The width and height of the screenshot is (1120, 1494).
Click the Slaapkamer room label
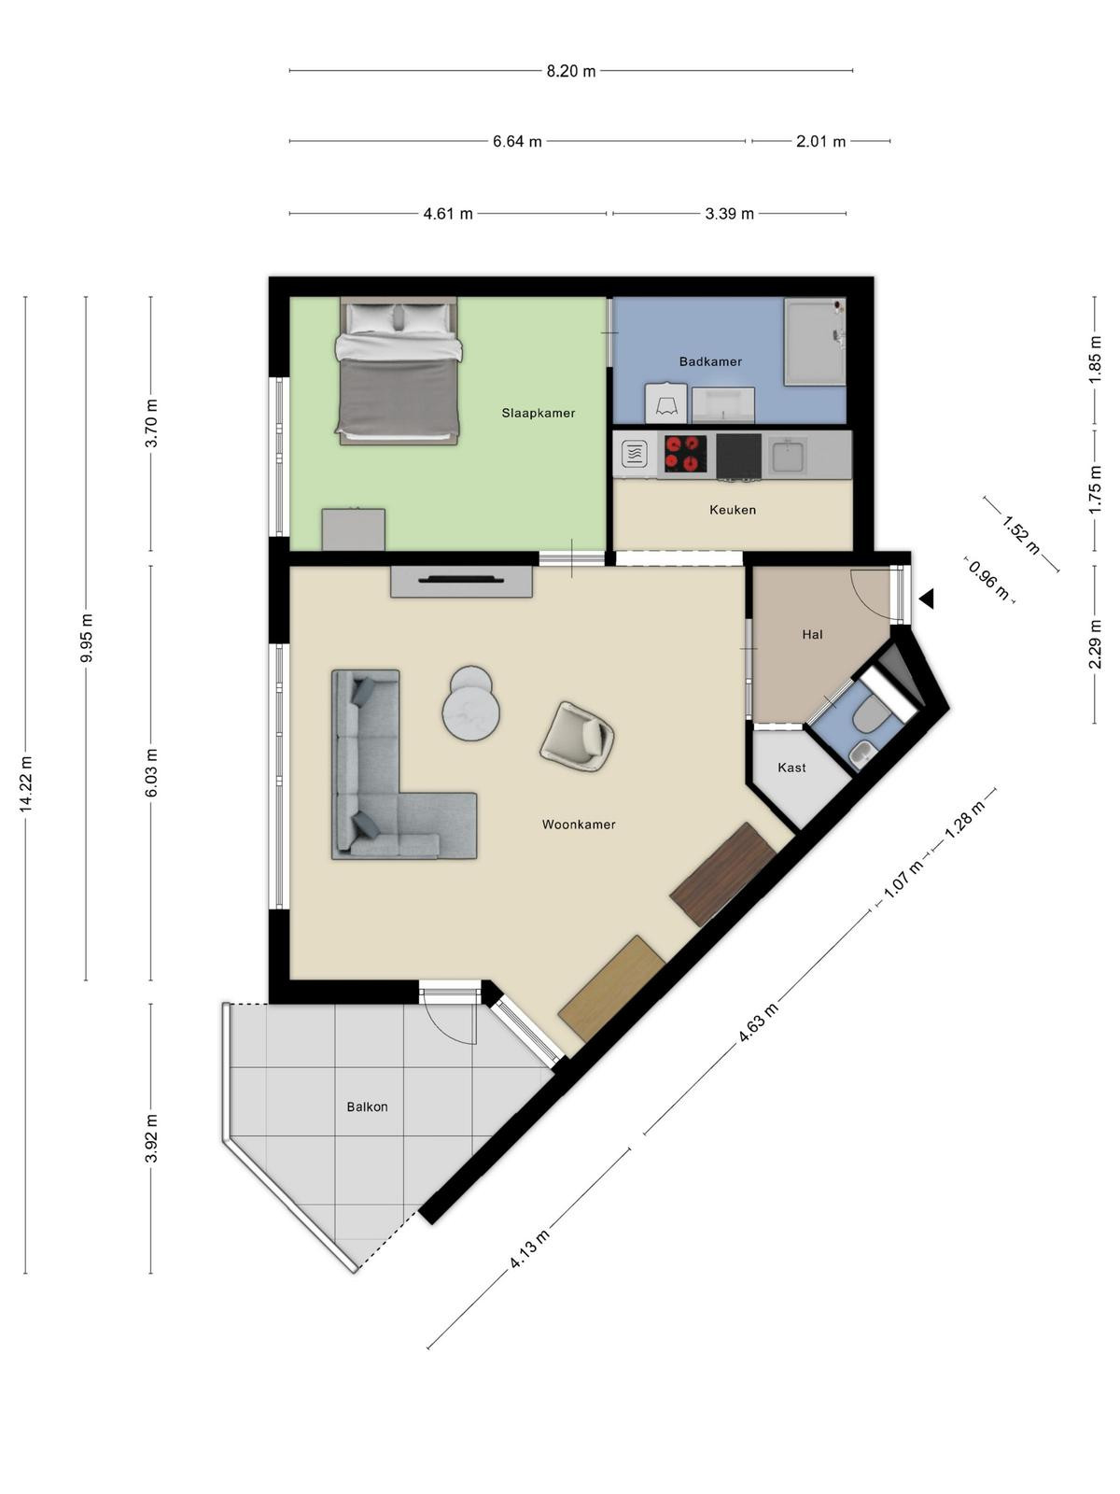coord(538,413)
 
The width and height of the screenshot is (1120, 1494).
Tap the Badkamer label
coord(710,361)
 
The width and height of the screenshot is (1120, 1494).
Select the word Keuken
coord(733,510)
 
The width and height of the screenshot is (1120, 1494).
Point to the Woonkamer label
coord(578,825)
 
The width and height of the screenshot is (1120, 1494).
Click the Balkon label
coord(367,1106)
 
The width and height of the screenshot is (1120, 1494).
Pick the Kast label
coord(791,768)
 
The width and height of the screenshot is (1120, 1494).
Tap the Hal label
coord(812,634)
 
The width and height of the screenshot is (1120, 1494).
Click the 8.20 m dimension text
coord(570,71)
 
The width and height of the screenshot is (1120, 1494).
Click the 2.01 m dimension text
coord(820,142)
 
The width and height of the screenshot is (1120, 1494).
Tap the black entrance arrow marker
coord(927,599)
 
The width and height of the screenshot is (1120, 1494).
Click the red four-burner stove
coord(685,453)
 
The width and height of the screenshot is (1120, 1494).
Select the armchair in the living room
coord(578,737)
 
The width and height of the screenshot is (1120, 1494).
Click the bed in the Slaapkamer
coord(399,371)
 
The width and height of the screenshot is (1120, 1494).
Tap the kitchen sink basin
coord(788,456)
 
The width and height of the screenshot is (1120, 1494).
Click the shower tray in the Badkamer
coord(814,342)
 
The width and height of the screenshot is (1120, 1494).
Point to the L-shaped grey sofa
coord(404,765)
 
